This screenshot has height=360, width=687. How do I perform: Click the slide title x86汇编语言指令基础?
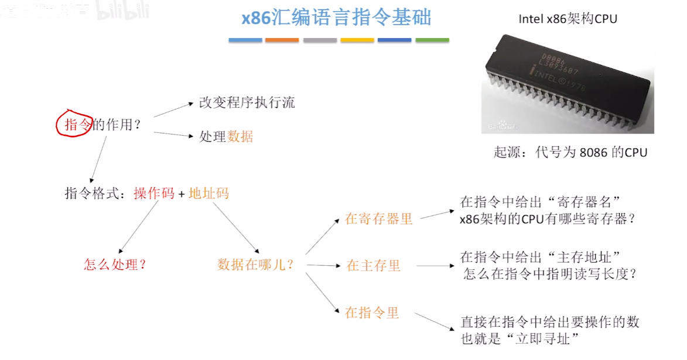click(x=337, y=18)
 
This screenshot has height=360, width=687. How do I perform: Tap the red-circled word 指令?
click(x=75, y=125)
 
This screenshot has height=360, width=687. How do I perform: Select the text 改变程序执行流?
click(x=247, y=103)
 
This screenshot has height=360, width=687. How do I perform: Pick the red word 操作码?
click(x=154, y=194)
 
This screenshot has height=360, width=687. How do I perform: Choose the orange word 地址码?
click(x=209, y=194)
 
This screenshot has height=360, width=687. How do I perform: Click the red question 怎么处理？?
click(x=115, y=265)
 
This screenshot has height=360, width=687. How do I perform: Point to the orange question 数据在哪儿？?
click(x=255, y=265)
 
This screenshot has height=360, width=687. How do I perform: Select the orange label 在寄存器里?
click(x=379, y=219)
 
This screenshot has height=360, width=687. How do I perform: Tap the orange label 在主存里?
click(x=373, y=266)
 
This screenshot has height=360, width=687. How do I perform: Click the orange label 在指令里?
click(x=372, y=313)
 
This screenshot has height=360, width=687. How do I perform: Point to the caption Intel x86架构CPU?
click(x=568, y=19)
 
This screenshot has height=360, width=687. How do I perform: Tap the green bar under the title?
click(x=432, y=40)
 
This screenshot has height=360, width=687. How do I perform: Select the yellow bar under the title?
click(x=357, y=40)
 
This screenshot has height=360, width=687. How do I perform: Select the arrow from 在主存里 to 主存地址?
click(x=435, y=266)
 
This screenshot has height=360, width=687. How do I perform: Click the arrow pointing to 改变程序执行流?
click(x=173, y=109)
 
